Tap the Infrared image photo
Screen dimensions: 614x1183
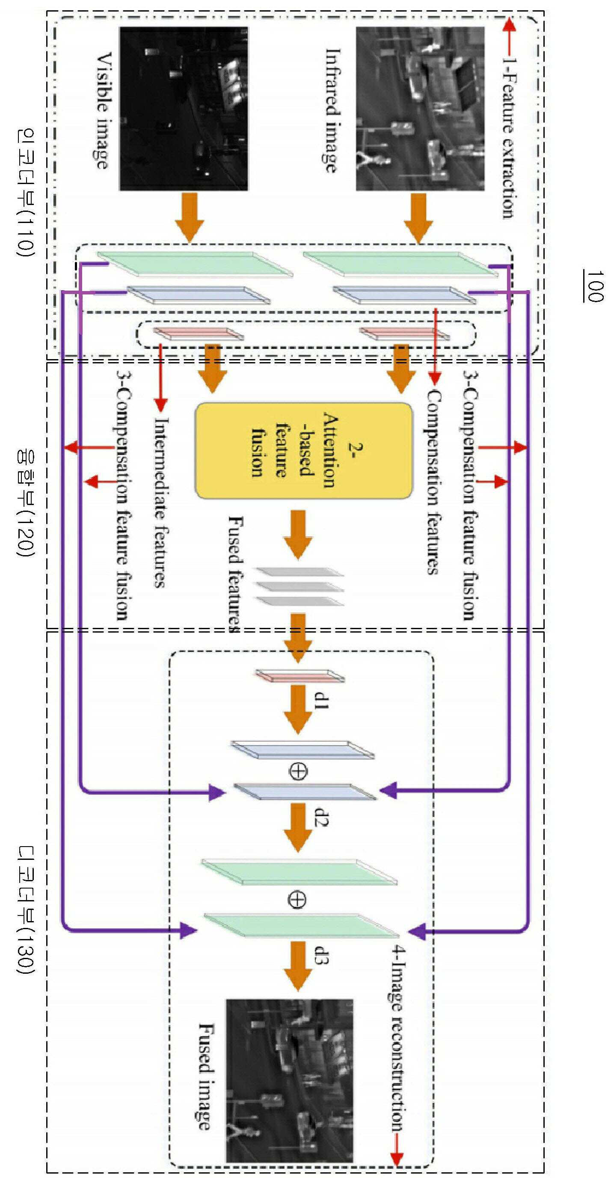click(420, 108)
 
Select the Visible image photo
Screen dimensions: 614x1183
click(184, 108)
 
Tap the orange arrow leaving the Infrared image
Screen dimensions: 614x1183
click(418, 218)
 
